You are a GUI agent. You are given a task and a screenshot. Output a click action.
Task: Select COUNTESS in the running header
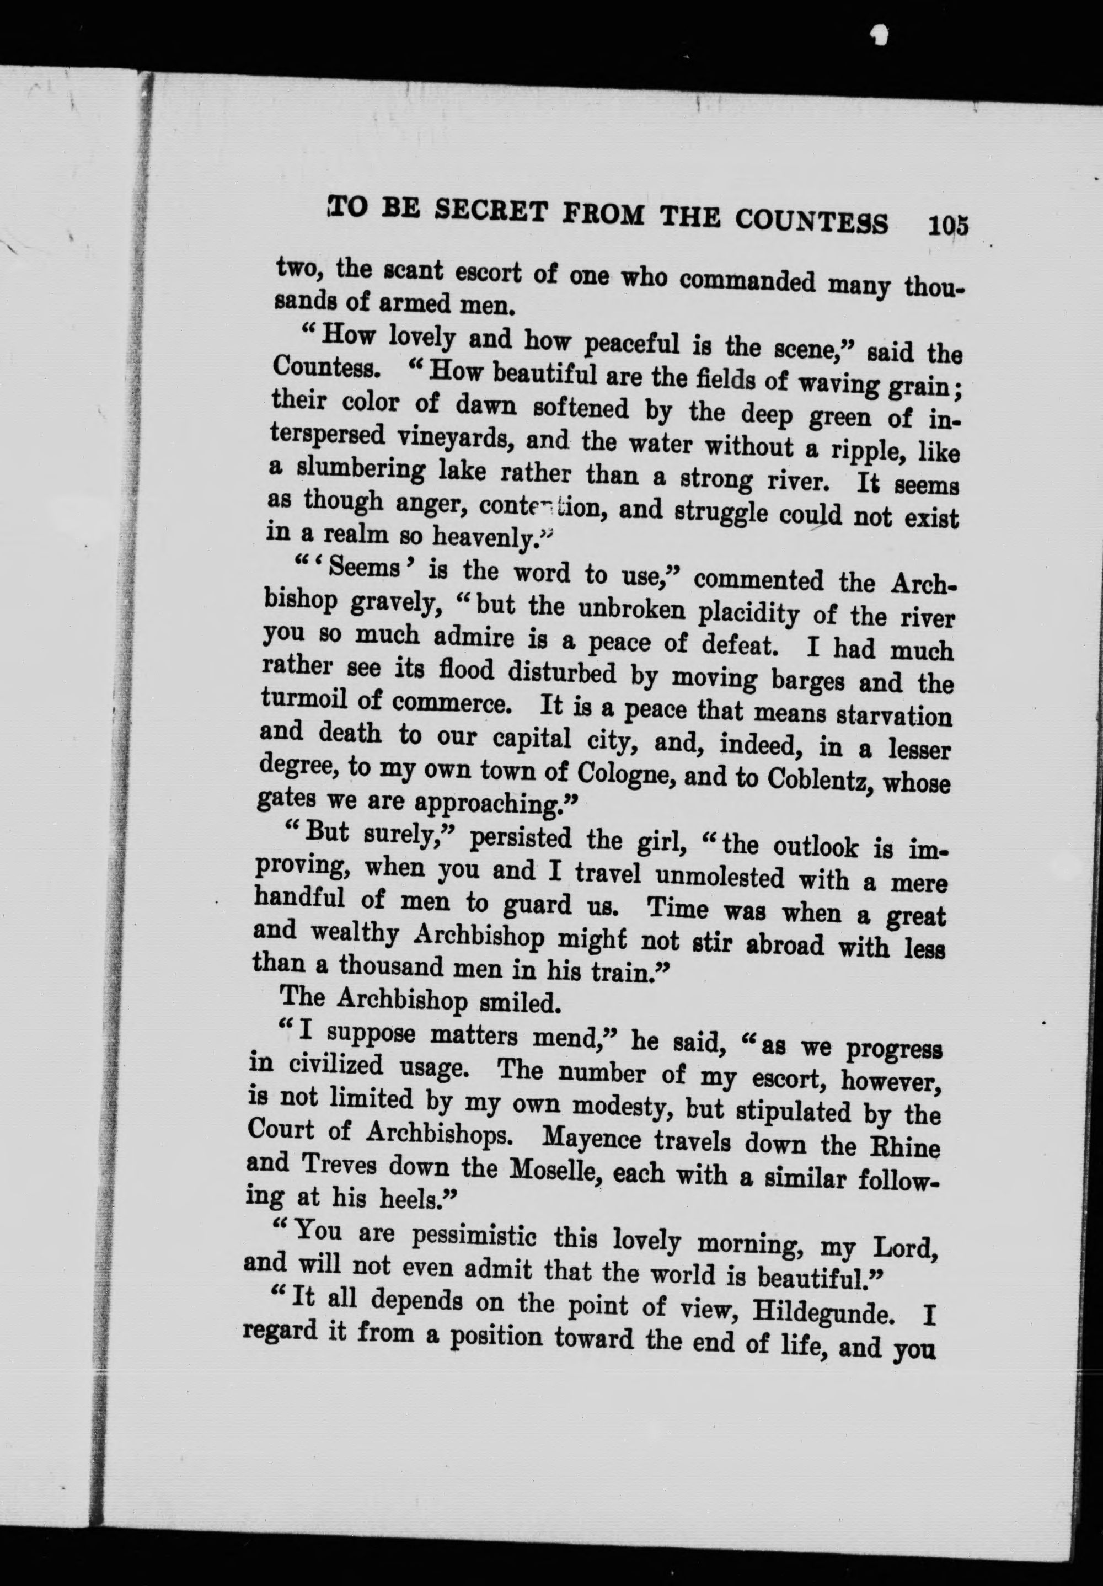click(x=810, y=222)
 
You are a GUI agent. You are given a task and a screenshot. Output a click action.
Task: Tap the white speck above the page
click(x=879, y=33)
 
